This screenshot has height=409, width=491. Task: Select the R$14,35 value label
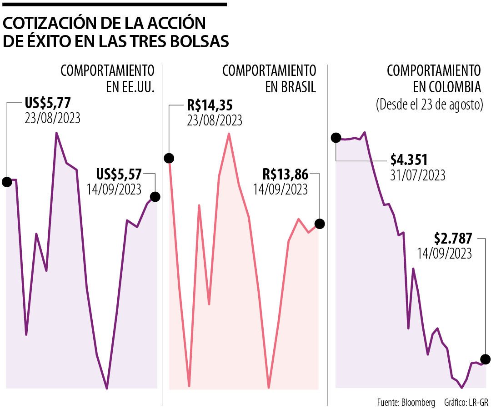(x=210, y=106)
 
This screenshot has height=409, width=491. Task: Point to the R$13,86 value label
(x=286, y=174)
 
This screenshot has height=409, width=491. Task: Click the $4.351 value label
(x=409, y=160)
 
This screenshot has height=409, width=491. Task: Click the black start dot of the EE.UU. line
(x=7, y=182)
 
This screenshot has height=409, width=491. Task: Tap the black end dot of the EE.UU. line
(x=155, y=197)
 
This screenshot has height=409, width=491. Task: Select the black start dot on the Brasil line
(x=169, y=158)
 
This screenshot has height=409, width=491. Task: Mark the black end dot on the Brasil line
(x=320, y=224)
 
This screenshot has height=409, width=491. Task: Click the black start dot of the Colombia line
(x=336, y=138)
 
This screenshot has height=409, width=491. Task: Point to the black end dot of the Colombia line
(x=485, y=359)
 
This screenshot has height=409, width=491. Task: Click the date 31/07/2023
(x=418, y=175)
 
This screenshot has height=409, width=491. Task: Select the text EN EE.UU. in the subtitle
(x=130, y=87)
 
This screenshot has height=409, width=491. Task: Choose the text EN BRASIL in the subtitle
(x=291, y=87)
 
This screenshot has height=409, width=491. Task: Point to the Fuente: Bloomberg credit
(x=406, y=402)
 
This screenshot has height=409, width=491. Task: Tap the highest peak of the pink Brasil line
(x=229, y=134)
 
